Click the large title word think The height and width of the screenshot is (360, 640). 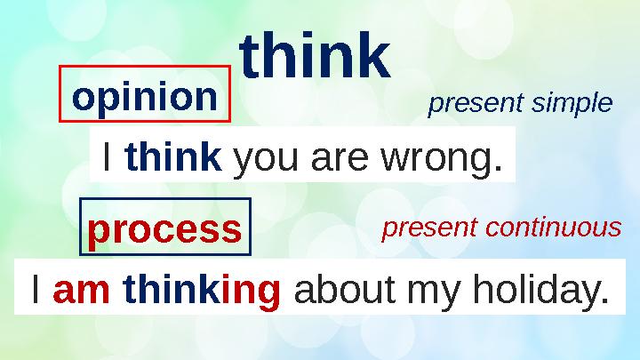point(315,55)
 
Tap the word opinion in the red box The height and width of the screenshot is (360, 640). point(145,98)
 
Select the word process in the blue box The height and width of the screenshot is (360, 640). point(164,230)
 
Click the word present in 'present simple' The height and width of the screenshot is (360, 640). point(476,104)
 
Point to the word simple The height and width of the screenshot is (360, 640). point(572,103)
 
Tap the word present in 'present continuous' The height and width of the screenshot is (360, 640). point(429,228)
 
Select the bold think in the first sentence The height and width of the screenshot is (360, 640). point(174,156)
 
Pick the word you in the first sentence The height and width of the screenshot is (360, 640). point(265,160)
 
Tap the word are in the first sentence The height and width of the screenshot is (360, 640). point(340,159)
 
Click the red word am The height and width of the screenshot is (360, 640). point(82,290)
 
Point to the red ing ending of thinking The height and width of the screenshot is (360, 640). point(252,291)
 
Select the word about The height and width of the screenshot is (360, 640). point(345,289)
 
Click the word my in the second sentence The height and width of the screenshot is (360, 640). point(434,293)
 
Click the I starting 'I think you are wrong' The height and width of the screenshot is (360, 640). point(107,156)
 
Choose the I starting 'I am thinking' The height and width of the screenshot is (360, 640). point(36,288)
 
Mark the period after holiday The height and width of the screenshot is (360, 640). point(604,300)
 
